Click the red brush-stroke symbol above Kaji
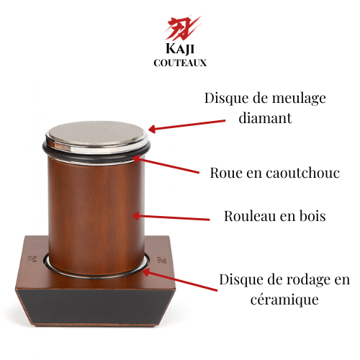point(182,28)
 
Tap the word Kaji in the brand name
point(180,48)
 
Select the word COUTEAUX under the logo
point(180,63)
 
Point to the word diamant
point(265,117)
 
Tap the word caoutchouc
point(302,173)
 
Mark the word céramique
point(284,300)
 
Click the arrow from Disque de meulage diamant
point(187,125)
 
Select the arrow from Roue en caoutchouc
point(166,164)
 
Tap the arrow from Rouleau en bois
point(171,217)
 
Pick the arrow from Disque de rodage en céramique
point(180,279)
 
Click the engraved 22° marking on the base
point(163,261)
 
